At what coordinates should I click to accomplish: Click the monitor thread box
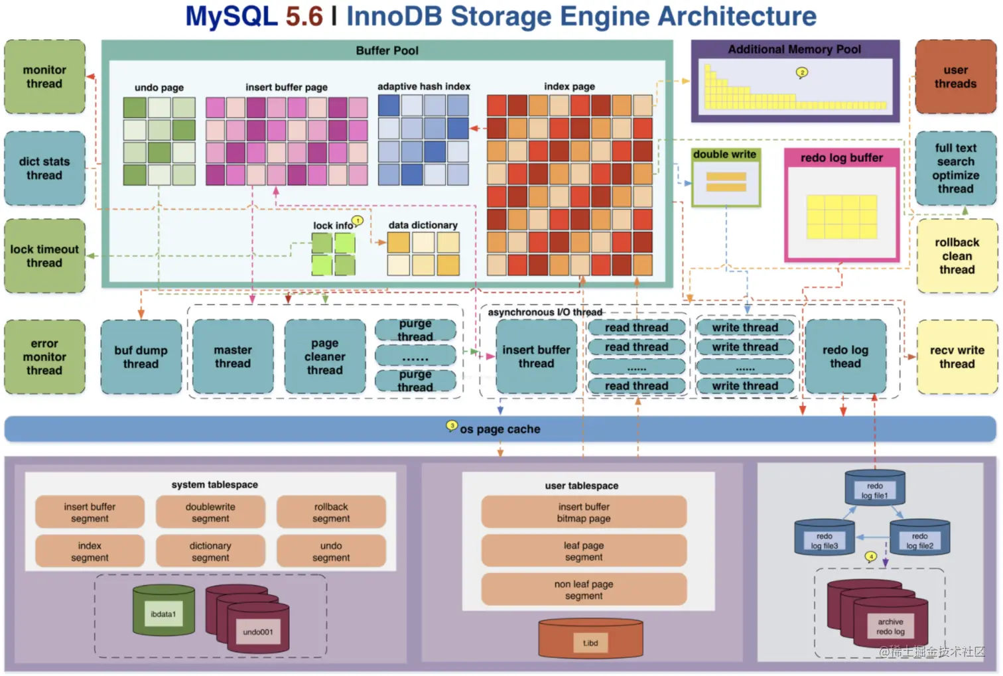pyautogui.click(x=45, y=76)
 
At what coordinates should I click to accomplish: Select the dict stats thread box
pyautogui.click(x=45, y=169)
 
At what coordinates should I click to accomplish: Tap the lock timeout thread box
pyautogui.click(x=45, y=256)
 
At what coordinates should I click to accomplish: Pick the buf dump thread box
pyautogui.click(x=141, y=357)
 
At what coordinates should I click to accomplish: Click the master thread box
pyautogui.click(x=233, y=356)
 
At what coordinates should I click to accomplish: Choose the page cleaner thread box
pyautogui.click(x=325, y=356)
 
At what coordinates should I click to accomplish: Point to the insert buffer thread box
pyautogui.click(x=537, y=356)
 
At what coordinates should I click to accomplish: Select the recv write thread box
pyautogui.click(x=957, y=357)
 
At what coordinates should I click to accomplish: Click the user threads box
pyautogui.click(x=956, y=76)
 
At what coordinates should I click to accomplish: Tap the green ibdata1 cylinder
pyautogui.click(x=164, y=610)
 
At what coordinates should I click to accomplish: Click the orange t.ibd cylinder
pyautogui.click(x=590, y=639)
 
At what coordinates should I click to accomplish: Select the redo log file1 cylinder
pyautogui.click(x=875, y=488)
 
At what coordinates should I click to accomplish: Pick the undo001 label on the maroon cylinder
pyautogui.click(x=258, y=632)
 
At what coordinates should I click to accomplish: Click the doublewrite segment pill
pyautogui.click(x=210, y=512)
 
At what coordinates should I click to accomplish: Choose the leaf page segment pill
pyautogui.click(x=584, y=551)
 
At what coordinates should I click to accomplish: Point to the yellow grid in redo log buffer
pyautogui.click(x=842, y=217)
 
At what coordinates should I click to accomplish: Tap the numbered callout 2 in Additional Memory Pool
pyautogui.click(x=802, y=72)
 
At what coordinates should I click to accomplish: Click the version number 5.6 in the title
pyautogui.click(x=304, y=16)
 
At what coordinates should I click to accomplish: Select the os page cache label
pyautogui.click(x=500, y=429)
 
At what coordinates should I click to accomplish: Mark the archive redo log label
pyautogui.click(x=891, y=627)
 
